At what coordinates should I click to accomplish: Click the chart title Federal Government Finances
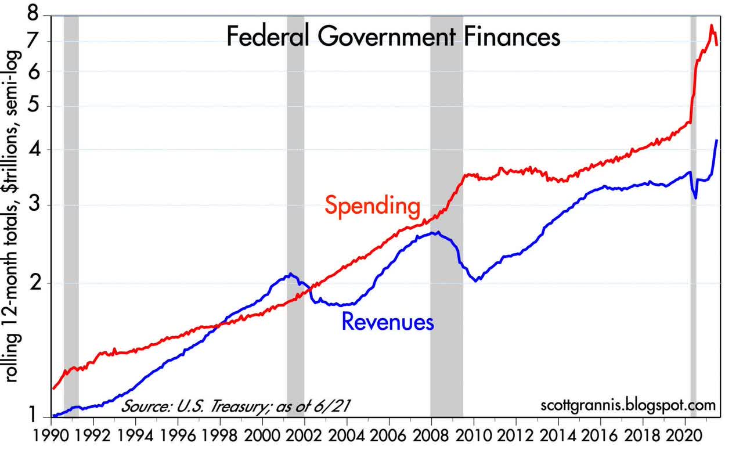(x=393, y=38)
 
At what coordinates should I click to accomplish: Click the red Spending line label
(x=372, y=206)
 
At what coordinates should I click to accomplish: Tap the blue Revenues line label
(x=388, y=321)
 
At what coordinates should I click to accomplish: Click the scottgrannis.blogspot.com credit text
(x=628, y=404)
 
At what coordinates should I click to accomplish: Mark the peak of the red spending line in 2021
(x=711, y=25)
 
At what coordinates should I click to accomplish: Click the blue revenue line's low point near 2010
(x=476, y=281)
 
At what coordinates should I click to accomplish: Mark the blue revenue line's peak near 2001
(x=291, y=274)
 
